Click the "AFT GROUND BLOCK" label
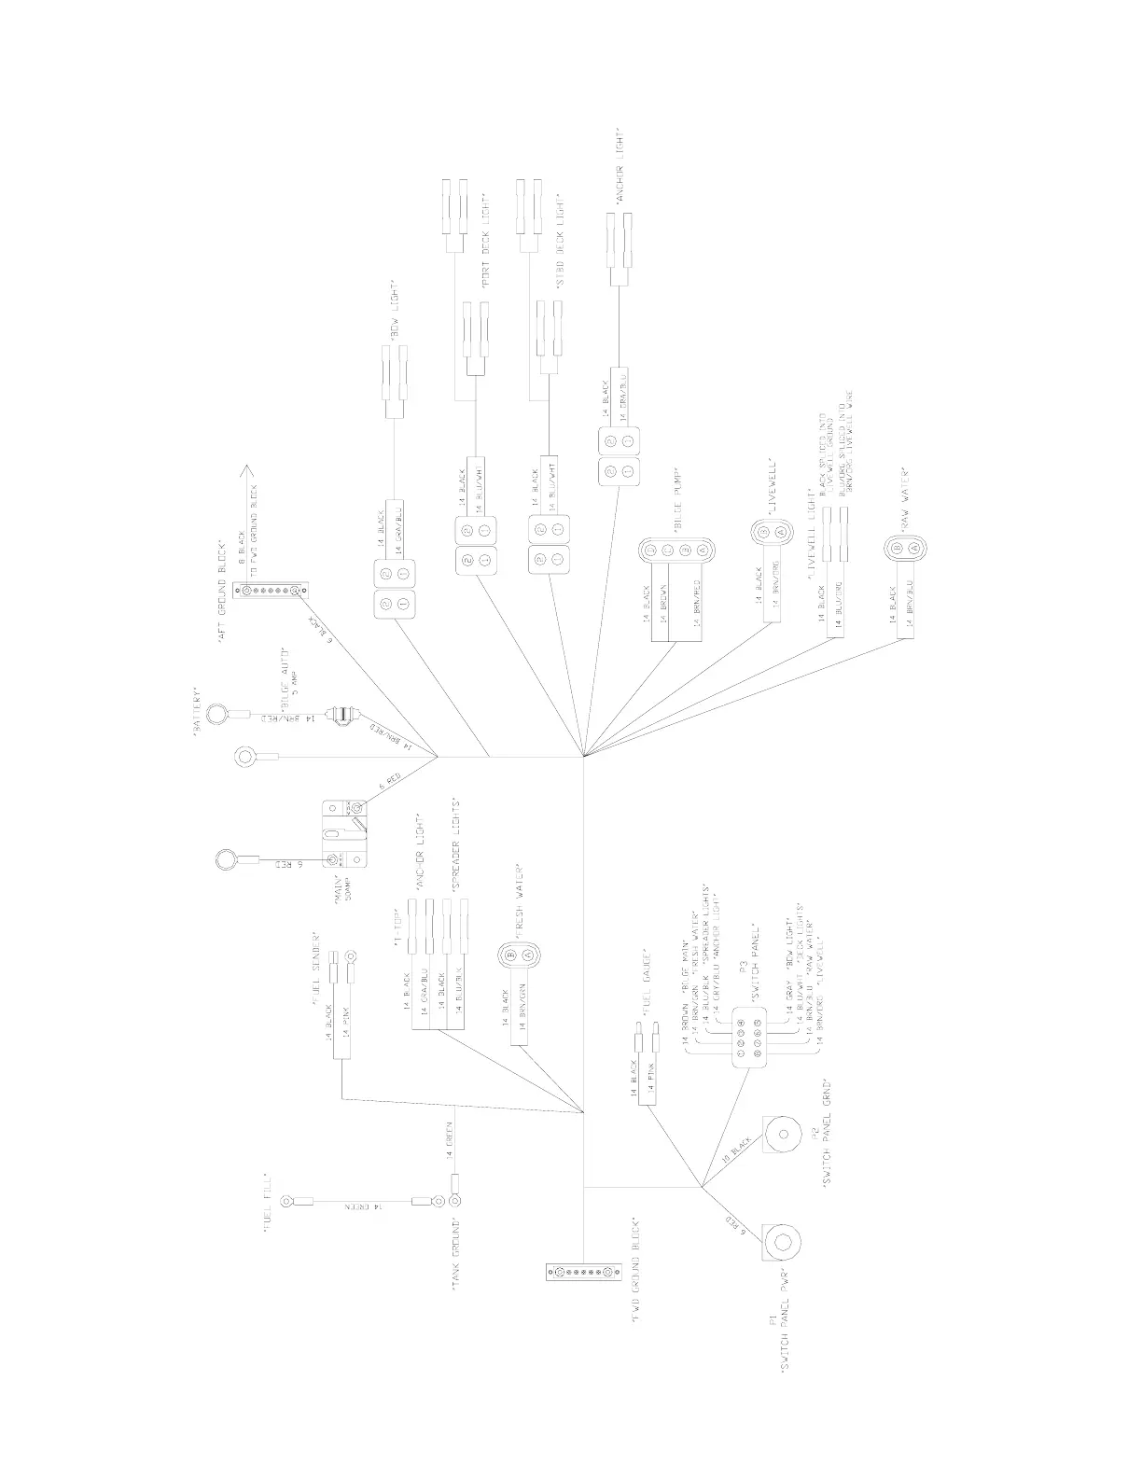pyautogui.click(x=222, y=590)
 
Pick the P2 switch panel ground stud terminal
pyautogui.click(x=781, y=1136)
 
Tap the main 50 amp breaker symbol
pyautogui.click(x=345, y=830)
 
